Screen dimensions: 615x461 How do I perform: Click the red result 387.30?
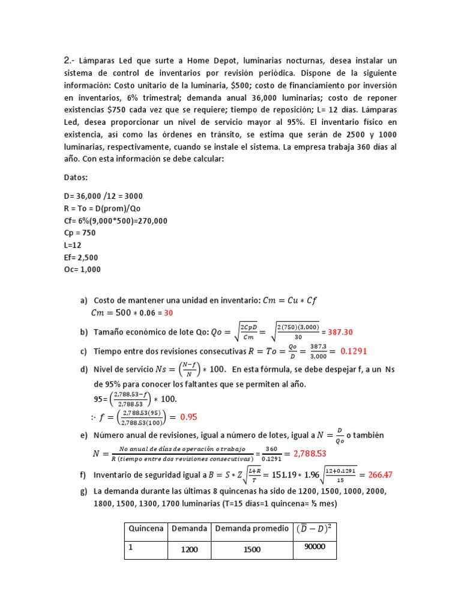tap(342, 332)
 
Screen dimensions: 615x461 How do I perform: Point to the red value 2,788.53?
tap(309, 453)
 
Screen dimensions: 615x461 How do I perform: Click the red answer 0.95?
tap(188, 416)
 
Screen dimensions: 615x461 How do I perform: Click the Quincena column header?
tap(145, 529)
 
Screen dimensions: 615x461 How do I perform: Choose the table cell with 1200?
tap(189, 550)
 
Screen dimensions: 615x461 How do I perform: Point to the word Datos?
tap(76, 178)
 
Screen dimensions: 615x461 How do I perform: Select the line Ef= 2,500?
tap(81, 258)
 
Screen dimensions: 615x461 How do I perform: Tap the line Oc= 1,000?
tap(82, 270)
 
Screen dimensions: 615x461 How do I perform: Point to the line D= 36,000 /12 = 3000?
tap(103, 196)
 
